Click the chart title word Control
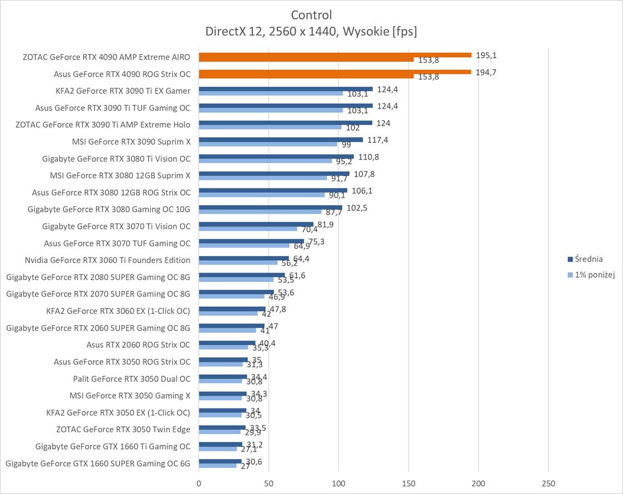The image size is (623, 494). point(311,15)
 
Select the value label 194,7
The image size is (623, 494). point(486,72)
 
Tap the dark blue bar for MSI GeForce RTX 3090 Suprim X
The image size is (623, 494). point(281,139)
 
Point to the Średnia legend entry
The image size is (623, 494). point(589,259)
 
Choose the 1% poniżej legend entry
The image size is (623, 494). point(594,275)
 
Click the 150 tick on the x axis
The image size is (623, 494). point(408,483)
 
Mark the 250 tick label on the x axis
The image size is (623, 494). point(549,483)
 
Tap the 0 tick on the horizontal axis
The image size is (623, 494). point(199,483)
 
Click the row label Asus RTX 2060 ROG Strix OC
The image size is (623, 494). point(138,345)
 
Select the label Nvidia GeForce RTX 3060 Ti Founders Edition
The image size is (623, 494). point(107,260)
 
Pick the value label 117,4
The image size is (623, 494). point(377,140)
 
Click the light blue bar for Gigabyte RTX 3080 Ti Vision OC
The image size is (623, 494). point(265,161)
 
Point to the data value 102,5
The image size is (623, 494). point(357,208)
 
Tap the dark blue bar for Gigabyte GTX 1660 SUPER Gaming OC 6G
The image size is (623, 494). point(220,461)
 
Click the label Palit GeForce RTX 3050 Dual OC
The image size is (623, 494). point(132,379)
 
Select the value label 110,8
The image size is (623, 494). point(368,157)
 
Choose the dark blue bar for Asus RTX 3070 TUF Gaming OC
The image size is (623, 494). point(251,241)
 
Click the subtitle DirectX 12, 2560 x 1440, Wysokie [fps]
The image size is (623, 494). point(311,32)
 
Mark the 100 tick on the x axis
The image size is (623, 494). point(339,483)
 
